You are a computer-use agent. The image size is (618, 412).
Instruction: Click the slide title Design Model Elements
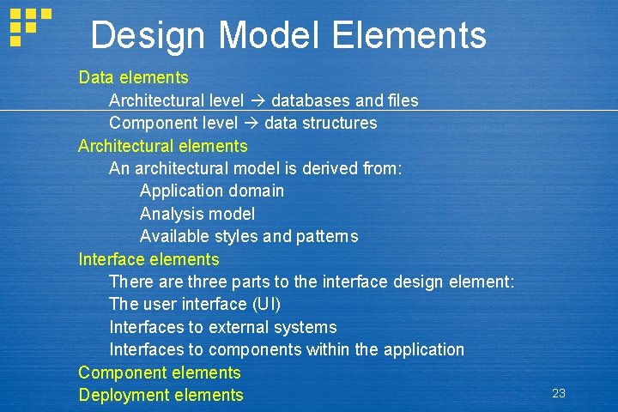[x=288, y=36]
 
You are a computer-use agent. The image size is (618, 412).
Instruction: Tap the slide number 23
[x=559, y=393]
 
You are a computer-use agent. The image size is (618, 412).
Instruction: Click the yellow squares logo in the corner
[x=27, y=26]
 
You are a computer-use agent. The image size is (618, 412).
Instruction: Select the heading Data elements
[x=133, y=77]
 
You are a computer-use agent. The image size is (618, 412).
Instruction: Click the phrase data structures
[x=321, y=123]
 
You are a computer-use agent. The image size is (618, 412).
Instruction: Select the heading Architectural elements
[x=162, y=146]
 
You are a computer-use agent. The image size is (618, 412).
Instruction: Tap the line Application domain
[x=212, y=191]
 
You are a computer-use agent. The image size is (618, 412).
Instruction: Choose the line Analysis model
[x=197, y=214]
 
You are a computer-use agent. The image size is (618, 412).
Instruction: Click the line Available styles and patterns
[x=249, y=236]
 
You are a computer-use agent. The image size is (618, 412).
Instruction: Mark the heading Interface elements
[x=148, y=259]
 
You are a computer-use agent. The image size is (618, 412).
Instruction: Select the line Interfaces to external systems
[x=222, y=327]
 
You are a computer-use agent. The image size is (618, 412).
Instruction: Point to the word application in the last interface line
[x=423, y=349]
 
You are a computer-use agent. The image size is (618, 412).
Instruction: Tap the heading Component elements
[x=159, y=373]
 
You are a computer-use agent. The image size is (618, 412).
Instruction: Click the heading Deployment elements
[x=161, y=395]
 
